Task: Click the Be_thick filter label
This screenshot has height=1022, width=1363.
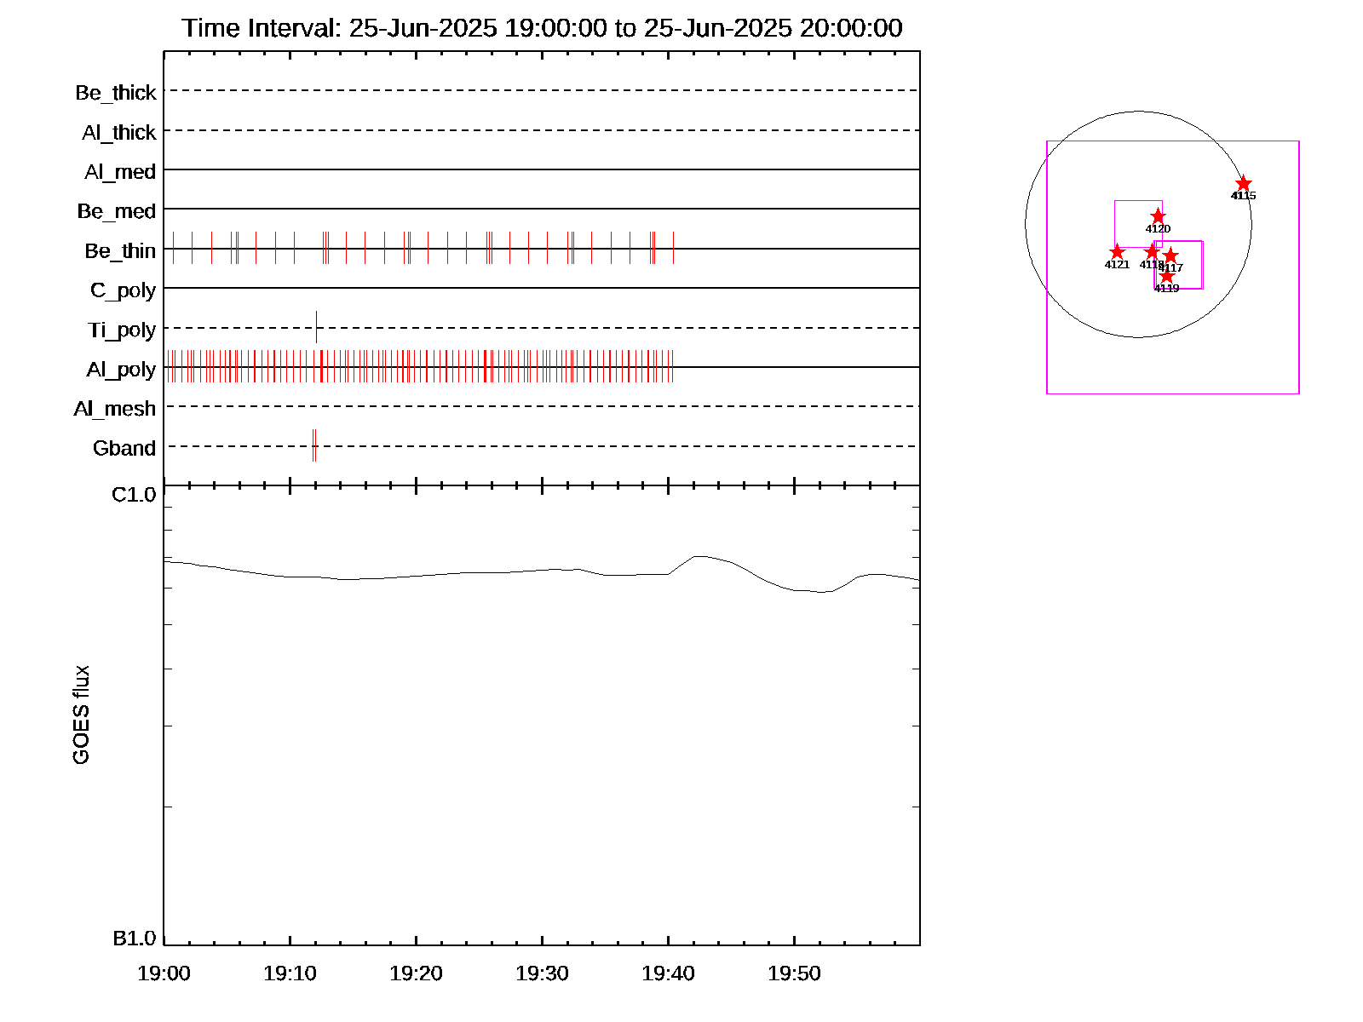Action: coord(116,93)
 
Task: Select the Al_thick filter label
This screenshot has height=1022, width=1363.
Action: coord(119,133)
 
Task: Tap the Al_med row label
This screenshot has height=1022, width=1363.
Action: coord(120,172)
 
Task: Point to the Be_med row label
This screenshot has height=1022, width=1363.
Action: coord(117,211)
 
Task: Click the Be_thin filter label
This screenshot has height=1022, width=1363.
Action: coord(120,251)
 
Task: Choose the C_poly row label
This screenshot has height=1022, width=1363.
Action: coord(123,290)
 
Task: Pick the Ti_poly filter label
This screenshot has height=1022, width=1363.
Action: coord(122,330)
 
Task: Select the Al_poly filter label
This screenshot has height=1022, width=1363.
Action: coord(121,370)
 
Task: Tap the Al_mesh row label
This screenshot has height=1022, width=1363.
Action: coord(115,409)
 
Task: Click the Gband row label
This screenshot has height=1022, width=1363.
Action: coord(124,449)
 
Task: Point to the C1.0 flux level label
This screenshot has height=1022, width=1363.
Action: coord(135,495)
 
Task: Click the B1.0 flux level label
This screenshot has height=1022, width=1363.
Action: coord(135,939)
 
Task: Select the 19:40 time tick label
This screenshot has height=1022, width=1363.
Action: coord(668,973)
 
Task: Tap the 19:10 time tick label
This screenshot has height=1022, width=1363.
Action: coord(290,973)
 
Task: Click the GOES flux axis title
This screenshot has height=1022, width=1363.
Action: coord(82,715)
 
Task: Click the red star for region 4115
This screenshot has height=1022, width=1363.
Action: coord(1244,184)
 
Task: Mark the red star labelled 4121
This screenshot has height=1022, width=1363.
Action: coord(1117,252)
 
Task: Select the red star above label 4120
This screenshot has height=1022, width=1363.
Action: coord(1158,216)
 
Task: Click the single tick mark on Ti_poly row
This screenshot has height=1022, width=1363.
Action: coord(316,327)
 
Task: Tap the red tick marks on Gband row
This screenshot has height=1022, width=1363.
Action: coord(314,445)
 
